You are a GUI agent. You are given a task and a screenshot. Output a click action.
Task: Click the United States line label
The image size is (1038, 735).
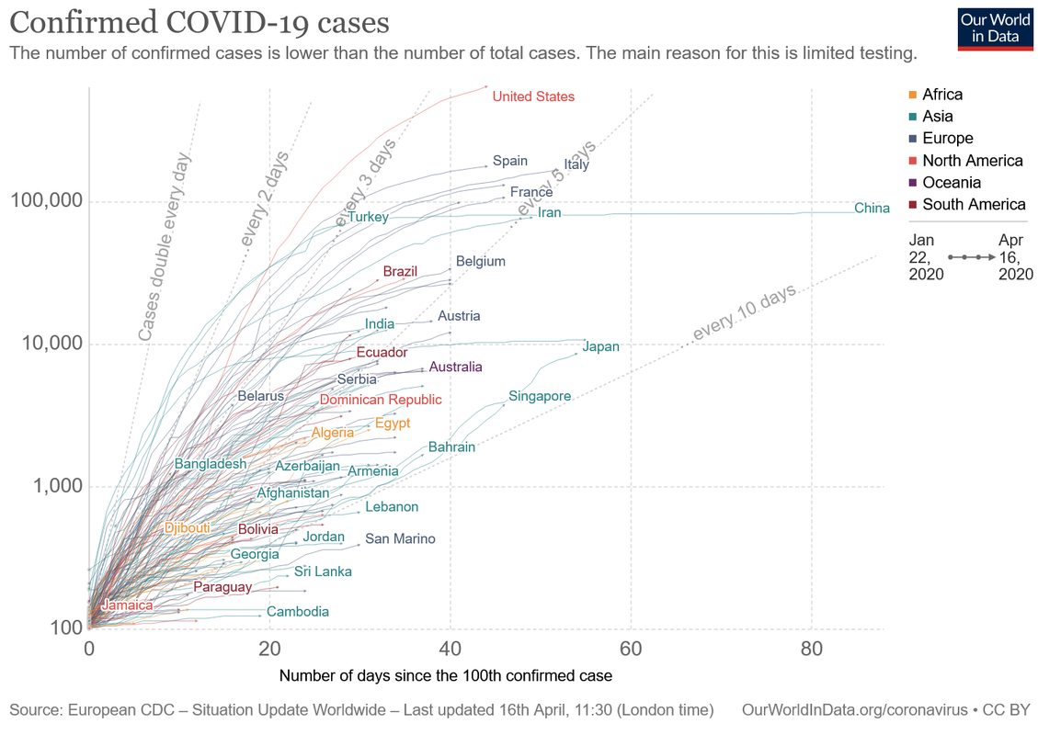(x=533, y=96)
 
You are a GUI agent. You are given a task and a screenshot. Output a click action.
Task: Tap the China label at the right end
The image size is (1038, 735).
(x=872, y=209)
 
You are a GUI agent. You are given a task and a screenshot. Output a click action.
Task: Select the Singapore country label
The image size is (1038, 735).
(x=540, y=396)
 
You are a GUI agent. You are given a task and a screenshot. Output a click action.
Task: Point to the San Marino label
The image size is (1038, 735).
(x=400, y=538)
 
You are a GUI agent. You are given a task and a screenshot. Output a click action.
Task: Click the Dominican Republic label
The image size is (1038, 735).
(x=381, y=400)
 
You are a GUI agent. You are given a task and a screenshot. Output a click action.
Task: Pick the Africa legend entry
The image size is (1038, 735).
(x=936, y=95)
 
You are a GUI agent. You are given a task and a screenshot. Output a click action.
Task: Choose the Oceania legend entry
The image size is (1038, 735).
(x=945, y=183)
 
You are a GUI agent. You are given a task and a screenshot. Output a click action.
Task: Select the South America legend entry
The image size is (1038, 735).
(x=968, y=205)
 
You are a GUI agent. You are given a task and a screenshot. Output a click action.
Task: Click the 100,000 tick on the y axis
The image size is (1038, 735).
(x=45, y=200)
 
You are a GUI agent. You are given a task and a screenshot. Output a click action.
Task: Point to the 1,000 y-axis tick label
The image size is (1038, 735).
(x=58, y=486)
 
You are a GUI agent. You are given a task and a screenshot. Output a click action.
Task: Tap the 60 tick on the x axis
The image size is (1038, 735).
(x=631, y=649)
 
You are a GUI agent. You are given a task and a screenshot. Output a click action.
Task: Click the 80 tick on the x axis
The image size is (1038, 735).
(x=812, y=649)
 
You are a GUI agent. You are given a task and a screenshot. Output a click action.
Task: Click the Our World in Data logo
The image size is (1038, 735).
(x=995, y=29)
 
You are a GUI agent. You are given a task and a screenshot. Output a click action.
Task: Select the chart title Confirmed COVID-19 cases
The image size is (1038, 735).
(x=200, y=22)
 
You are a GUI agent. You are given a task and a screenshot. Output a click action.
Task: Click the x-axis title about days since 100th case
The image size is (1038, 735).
(x=446, y=675)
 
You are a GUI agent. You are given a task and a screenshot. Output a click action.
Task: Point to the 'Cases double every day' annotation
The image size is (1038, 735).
(x=165, y=247)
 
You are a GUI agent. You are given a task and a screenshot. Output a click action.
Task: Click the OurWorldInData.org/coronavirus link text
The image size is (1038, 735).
(x=855, y=710)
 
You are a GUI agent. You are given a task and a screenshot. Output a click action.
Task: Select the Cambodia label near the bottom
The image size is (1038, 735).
(x=297, y=611)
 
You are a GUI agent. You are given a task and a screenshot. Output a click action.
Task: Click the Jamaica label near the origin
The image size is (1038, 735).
(x=127, y=605)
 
